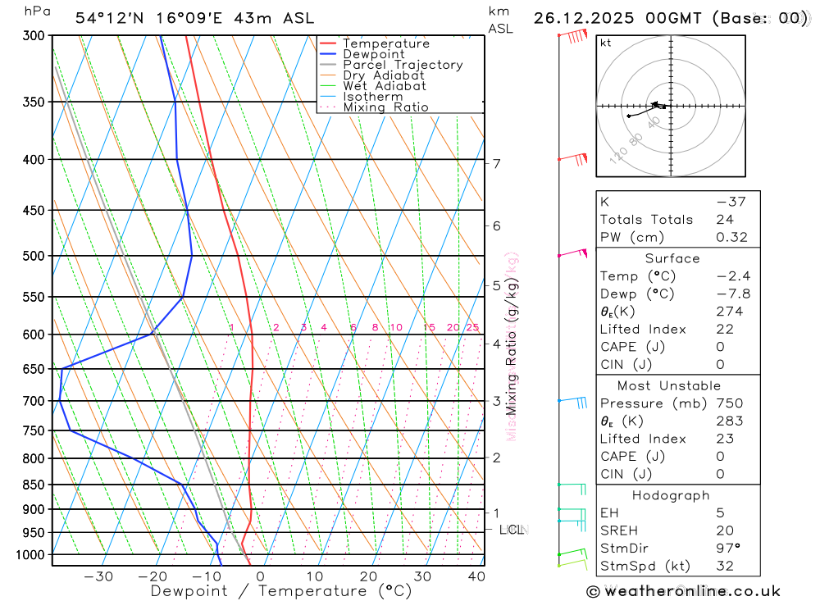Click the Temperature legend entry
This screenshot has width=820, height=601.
point(385,43)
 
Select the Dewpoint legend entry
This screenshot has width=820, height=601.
point(373,54)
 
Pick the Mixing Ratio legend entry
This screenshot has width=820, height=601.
point(385,107)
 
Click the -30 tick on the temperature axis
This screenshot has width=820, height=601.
point(98,576)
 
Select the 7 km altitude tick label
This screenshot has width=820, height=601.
point(497,163)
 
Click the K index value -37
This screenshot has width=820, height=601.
point(726,202)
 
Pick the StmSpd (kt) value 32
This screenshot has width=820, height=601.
point(725,566)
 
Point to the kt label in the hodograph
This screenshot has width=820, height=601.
point(606,43)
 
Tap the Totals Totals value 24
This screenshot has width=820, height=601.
point(724,220)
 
